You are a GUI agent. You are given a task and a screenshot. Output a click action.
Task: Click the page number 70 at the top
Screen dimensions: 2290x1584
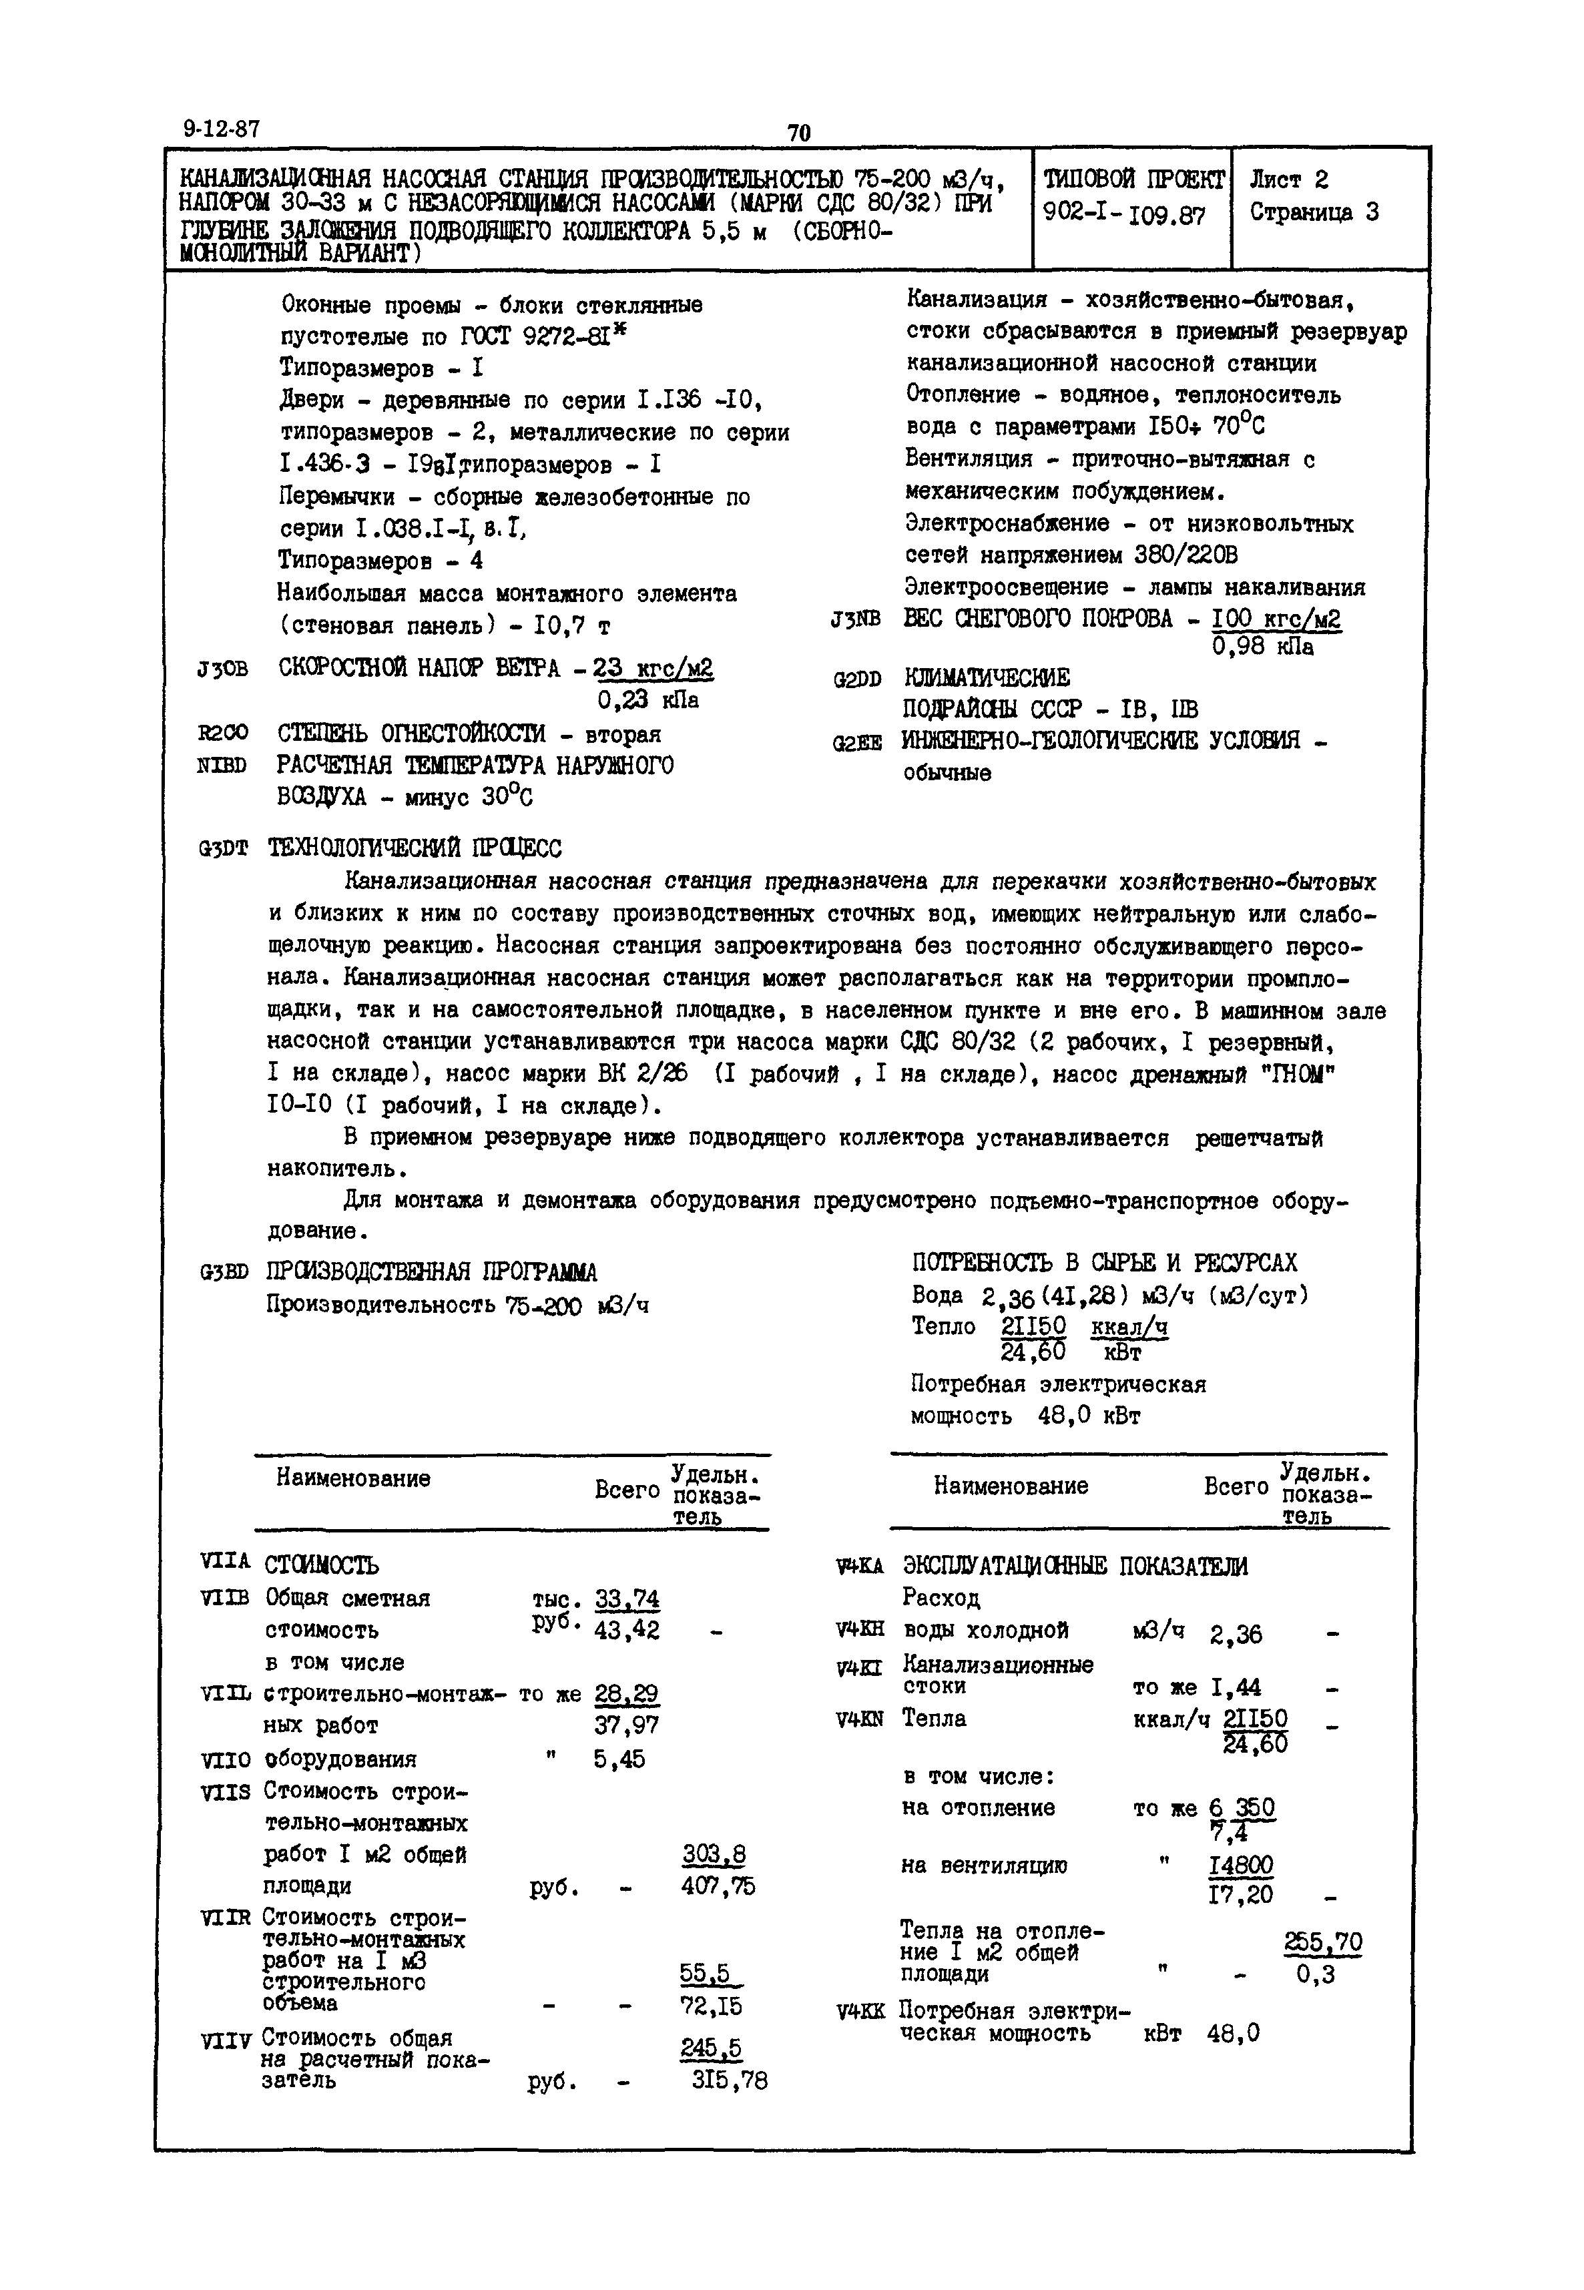coord(799,133)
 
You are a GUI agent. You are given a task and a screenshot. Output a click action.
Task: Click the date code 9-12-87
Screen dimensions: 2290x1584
coord(220,129)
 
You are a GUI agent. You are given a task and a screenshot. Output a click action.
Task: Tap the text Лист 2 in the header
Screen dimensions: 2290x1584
coord(1288,180)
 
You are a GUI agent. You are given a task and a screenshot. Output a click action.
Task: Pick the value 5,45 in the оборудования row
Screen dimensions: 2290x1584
coord(619,1759)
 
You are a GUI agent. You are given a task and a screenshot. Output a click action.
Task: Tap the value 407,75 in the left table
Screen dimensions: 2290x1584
coord(718,1885)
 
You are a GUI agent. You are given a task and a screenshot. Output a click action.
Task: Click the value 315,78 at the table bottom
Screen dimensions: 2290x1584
coord(730,2080)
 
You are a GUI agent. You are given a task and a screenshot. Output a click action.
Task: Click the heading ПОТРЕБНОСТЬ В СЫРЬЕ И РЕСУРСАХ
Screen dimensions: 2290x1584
coord(1103,1262)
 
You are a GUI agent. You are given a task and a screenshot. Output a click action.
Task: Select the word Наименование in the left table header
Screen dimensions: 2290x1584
coord(353,1478)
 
